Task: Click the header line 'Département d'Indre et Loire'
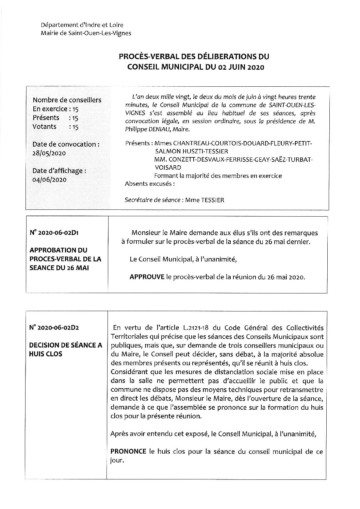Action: pos(82,25)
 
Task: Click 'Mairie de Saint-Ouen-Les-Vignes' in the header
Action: pos(85,33)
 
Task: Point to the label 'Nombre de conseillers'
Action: pos(67,100)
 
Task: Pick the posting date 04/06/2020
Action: pos(49,179)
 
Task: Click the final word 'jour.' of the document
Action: pos(118,461)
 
